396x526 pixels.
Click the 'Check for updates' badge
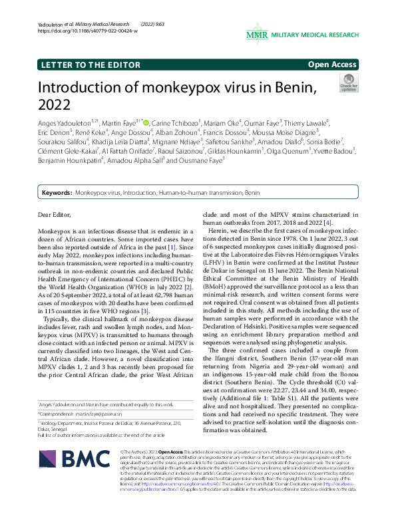348,83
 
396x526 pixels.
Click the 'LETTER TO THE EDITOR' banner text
85,65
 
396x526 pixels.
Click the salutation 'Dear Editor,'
59,215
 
